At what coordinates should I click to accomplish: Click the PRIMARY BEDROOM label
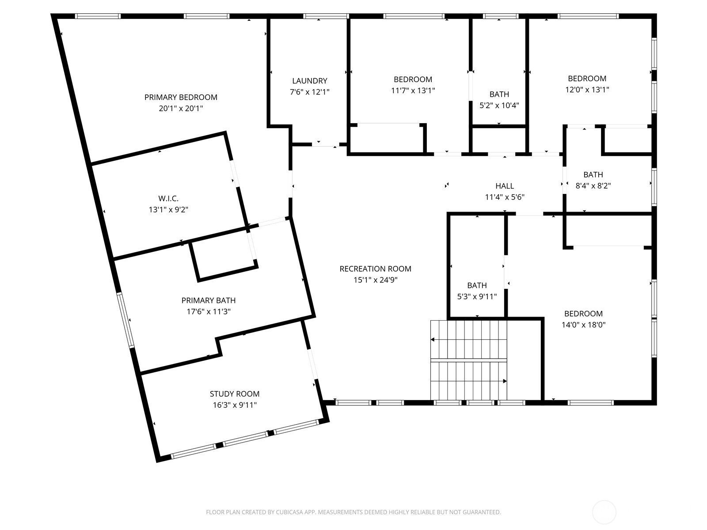(181, 97)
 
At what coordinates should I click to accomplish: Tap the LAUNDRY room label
(310, 81)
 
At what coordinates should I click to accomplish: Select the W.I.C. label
(168, 199)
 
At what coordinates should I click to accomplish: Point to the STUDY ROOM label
(235, 394)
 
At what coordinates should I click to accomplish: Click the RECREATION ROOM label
(375, 269)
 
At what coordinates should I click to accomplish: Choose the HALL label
(505, 186)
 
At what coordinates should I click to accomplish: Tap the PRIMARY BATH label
(209, 301)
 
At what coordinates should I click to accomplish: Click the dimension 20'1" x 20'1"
(181, 109)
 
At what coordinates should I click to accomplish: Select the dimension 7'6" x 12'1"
(310, 92)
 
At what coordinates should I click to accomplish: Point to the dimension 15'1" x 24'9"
(375, 280)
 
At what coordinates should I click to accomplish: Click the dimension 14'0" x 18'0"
(583, 325)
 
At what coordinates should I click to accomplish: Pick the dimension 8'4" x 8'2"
(593, 186)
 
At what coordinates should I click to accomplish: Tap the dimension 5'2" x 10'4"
(499, 106)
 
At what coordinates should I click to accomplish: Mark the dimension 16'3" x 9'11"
(235, 405)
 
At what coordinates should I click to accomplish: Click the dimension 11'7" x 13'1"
(413, 91)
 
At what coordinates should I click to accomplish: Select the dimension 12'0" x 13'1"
(587, 90)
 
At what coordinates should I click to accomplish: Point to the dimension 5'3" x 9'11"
(477, 297)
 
